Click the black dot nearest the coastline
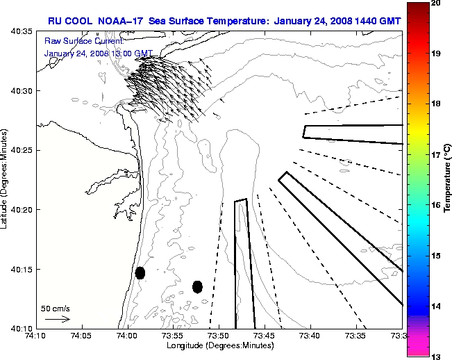[140, 272]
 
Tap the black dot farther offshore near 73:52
[197, 286]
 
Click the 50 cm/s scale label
[55, 307]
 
